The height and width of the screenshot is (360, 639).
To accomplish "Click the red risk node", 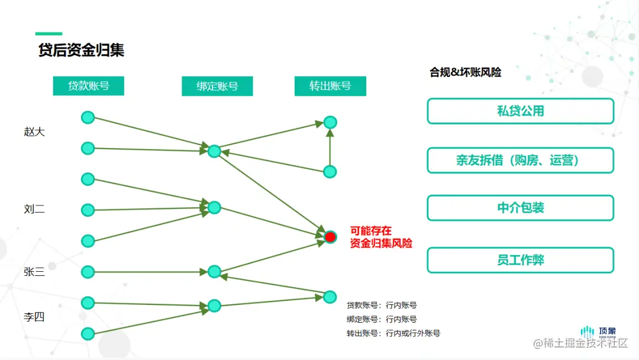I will [x=330, y=237].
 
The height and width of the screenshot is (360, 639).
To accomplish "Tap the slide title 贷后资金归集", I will [x=81, y=50].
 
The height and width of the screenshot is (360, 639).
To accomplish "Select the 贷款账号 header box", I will [x=89, y=86].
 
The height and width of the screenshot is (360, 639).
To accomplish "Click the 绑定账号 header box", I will [x=217, y=86].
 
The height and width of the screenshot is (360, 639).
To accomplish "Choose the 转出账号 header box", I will [x=330, y=86].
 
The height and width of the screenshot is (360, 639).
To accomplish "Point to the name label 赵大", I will [x=34, y=132].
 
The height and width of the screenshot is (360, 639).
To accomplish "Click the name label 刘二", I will [x=34, y=209].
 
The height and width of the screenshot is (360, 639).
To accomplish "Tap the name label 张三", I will [x=34, y=272].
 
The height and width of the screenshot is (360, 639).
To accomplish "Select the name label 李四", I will [x=34, y=317].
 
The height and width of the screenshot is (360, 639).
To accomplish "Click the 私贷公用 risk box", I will [x=520, y=111].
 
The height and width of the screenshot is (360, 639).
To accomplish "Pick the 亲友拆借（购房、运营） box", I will [x=520, y=160].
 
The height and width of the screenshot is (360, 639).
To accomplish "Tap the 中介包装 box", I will [x=520, y=208].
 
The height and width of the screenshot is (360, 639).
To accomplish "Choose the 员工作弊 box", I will [x=520, y=260].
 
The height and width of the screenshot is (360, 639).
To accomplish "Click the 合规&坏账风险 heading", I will [x=465, y=72].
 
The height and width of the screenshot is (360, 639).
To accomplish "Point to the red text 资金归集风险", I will [x=381, y=243].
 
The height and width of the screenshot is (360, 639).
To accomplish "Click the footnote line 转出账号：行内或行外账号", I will [x=393, y=333].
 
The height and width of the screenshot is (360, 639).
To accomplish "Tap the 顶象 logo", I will [x=598, y=332].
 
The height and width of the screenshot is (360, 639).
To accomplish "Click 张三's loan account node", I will [x=88, y=272].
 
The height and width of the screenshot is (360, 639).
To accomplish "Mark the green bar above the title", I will [x=49, y=34].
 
